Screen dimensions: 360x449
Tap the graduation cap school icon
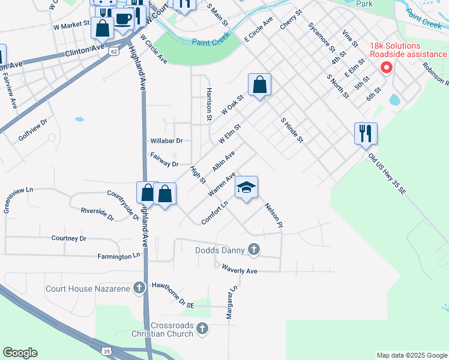(246, 188)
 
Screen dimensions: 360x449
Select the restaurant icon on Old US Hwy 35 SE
(366, 134)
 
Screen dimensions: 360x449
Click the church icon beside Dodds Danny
(254, 250)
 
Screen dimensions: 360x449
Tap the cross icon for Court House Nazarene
(139, 289)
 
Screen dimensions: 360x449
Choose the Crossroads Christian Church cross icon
(202, 328)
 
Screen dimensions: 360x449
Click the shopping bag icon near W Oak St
(259, 85)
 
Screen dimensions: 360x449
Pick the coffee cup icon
(124, 19)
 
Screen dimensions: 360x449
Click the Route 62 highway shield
(114, 52)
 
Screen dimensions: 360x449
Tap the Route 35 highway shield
(106, 350)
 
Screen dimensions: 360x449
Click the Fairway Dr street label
(164, 164)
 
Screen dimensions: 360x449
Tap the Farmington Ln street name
(119, 256)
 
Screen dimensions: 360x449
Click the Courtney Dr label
(69, 238)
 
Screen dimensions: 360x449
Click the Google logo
(20, 353)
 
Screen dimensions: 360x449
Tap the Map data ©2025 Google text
(411, 355)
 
